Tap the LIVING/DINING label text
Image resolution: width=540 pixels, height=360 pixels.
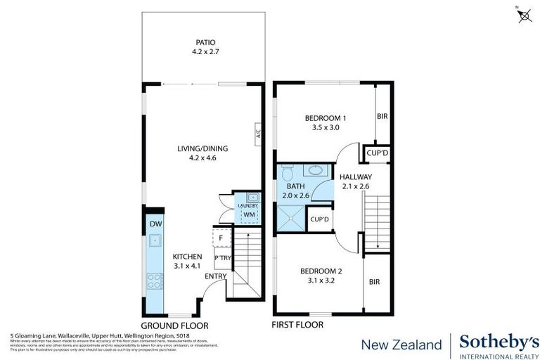pyautogui.click(x=203, y=148)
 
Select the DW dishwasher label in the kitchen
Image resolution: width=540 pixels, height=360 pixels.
pyautogui.click(x=156, y=224)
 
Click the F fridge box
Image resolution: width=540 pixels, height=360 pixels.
pyautogui.click(x=221, y=238)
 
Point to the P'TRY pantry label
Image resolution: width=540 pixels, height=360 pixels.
pyautogui.click(x=223, y=258)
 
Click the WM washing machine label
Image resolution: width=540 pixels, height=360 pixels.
pyautogui.click(x=248, y=214)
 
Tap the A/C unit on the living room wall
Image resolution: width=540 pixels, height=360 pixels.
pyautogui.click(x=258, y=133)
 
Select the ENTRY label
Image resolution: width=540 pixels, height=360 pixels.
pyautogui.click(x=215, y=276)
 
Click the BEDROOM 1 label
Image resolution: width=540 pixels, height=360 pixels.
pyautogui.click(x=325, y=118)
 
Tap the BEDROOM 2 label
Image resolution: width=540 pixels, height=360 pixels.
pyautogui.click(x=321, y=271)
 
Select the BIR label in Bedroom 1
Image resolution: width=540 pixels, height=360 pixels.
pyautogui.click(x=382, y=117)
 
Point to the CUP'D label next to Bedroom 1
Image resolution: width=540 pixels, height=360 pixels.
pyautogui.click(x=373, y=153)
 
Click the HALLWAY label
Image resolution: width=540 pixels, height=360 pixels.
pyautogui.click(x=355, y=176)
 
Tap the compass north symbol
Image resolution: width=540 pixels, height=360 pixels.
pyautogui.click(x=523, y=15)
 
